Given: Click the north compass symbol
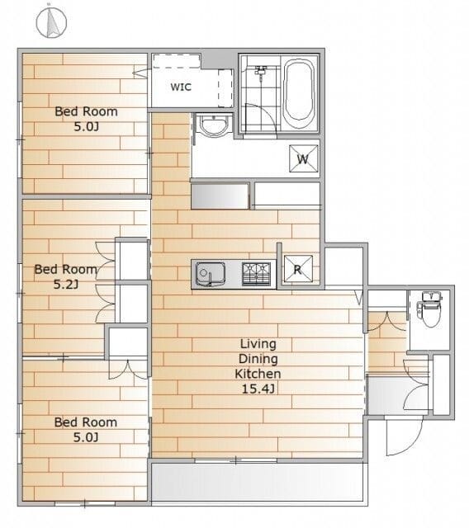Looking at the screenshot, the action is click(x=51, y=22).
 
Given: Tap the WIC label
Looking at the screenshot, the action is click(x=181, y=87).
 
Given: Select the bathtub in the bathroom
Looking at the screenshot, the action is click(x=299, y=95).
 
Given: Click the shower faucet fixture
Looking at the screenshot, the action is click(x=261, y=72).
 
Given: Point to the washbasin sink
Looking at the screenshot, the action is click(x=214, y=125).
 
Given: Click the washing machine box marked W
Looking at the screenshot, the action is click(x=303, y=158).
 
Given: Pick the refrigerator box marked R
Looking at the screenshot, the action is click(x=298, y=269).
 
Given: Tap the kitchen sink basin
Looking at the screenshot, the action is click(x=211, y=274).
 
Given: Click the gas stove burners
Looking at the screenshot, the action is click(x=256, y=274).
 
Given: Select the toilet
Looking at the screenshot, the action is click(x=430, y=309).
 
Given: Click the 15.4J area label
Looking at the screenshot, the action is click(x=258, y=389).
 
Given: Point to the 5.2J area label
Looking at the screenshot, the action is click(x=66, y=285).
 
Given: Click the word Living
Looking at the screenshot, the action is click(x=258, y=344).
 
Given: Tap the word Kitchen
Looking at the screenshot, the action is click(x=258, y=374).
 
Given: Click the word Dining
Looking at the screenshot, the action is click(x=258, y=359).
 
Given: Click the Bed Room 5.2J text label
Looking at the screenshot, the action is click(x=66, y=277).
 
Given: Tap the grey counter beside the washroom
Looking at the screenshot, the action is click(x=220, y=196).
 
